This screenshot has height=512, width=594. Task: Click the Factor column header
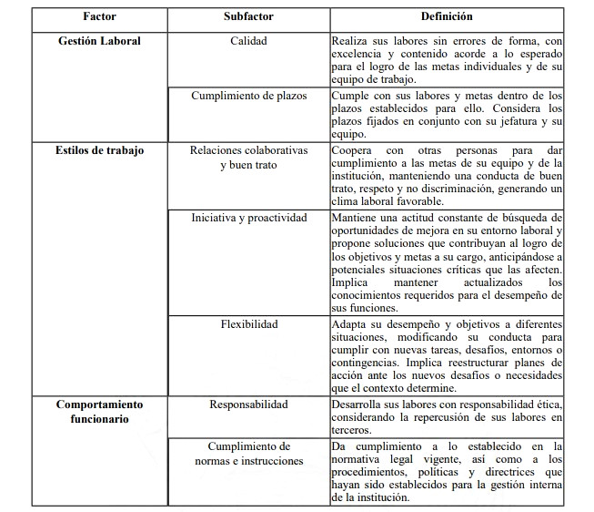99,16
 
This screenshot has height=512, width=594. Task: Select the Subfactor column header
248,16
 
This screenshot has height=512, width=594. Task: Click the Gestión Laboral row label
99,41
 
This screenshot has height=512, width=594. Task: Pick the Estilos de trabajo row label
99,149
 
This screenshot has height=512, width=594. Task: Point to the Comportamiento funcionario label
99,411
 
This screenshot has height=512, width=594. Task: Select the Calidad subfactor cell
248,41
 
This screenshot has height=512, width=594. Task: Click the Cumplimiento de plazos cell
248,95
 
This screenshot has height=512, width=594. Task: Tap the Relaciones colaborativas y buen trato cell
248,157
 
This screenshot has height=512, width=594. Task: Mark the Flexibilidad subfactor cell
248,324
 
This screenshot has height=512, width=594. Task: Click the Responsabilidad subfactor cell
248,404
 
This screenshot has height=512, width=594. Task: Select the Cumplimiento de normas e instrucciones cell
248,453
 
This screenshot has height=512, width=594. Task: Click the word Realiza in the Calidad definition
351,41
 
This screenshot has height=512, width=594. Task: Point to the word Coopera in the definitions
355,149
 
